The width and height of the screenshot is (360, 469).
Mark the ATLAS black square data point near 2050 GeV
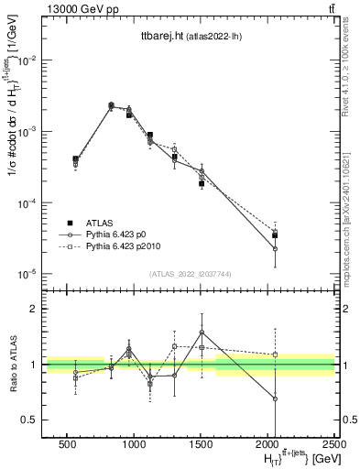(x=275, y=235)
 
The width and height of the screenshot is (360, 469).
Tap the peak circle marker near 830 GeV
(x=111, y=105)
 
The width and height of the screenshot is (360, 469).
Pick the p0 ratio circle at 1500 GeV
(x=202, y=332)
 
